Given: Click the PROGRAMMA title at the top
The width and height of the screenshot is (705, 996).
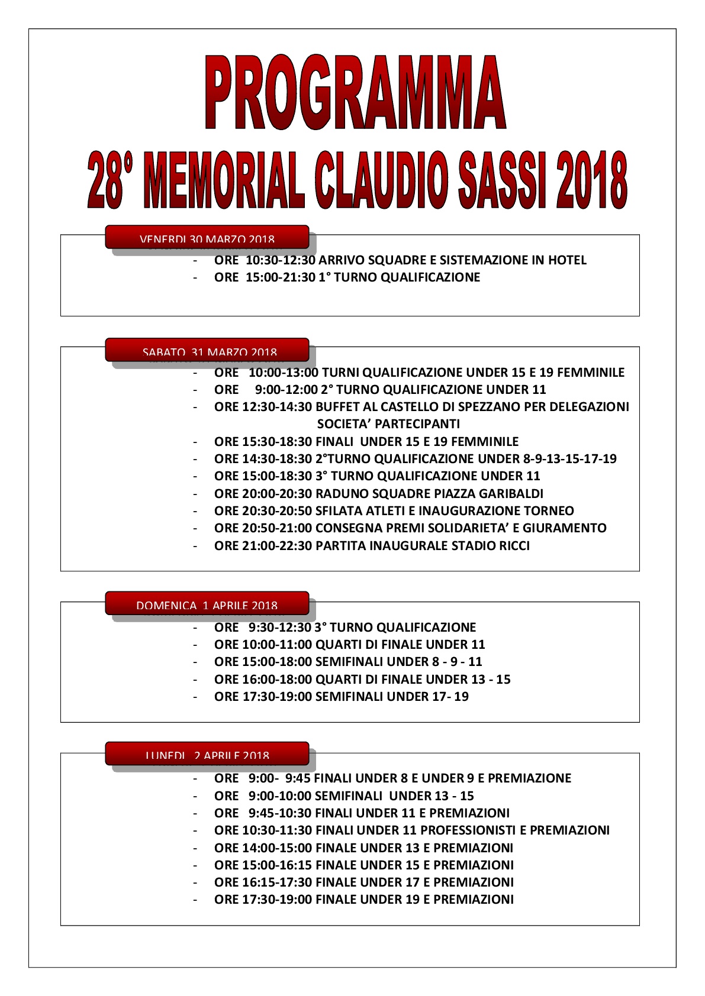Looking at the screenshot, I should pyautogui.click(x=355, y=93).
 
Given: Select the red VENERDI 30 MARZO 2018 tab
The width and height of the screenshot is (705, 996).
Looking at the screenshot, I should pyautogui.click(x=207, y=237).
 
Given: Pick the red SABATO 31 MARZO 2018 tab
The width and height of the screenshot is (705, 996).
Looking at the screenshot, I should pyautogui.click(x=207, y=350).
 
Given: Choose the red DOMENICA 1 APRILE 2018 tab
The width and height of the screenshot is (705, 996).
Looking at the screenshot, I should pyautogui.click(x=207, y=603).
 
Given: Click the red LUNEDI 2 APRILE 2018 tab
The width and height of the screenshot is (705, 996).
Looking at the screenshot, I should pyautogui.click(x=207, y=754).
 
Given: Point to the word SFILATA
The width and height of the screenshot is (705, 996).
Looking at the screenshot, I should pyautogui.click(x=339, y=510).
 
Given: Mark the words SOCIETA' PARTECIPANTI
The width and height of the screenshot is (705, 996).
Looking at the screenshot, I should pyautogui.click(x=388, y=424).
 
